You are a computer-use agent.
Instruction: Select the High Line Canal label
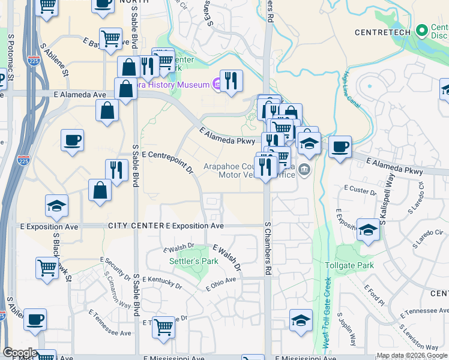click(x=350, y=90)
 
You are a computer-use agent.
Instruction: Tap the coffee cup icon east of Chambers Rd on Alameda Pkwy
click(x=340, y=146)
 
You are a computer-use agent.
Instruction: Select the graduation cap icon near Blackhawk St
click(x=56, y=206)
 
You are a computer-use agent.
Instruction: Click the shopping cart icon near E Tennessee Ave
click(x=163, y=327)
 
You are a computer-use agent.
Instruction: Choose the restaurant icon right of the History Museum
click(x=231, y=80)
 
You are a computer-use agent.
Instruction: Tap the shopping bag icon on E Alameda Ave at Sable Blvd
click(x=126, y=89)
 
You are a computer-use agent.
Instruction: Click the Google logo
click(x=19, y=353)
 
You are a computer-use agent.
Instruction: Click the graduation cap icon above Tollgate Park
click(x=367, y=229)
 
